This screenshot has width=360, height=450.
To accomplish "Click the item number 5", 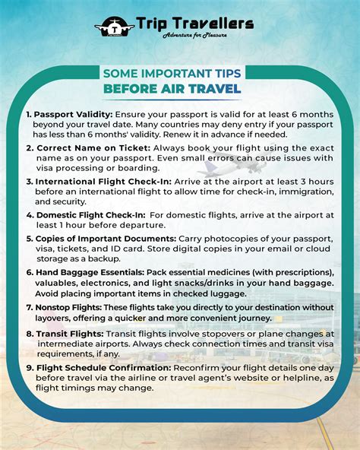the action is click(29, 239).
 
